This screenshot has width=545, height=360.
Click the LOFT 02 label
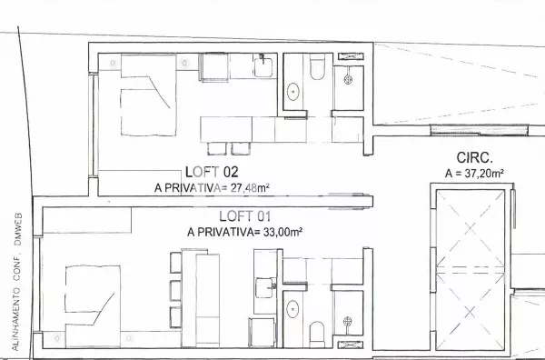coord(211,171)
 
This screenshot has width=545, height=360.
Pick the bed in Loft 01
coord(90,299)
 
